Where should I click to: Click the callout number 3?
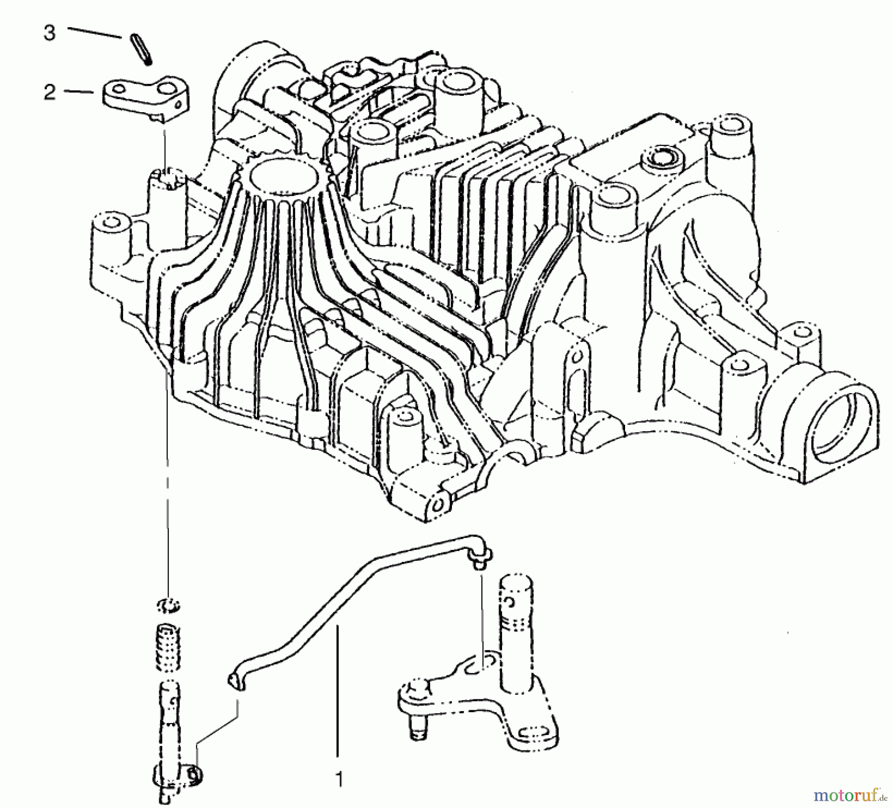click(x=49, y=33)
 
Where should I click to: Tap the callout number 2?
click(x=50, y=92)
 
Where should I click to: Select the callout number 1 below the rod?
click(x=338, y=780)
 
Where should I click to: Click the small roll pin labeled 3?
click(x=141, y=48)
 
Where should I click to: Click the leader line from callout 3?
click(x=94, y=32)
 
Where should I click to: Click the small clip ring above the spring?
click(x=169, y=606)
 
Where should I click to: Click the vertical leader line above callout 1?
click(x=337, y=695)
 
